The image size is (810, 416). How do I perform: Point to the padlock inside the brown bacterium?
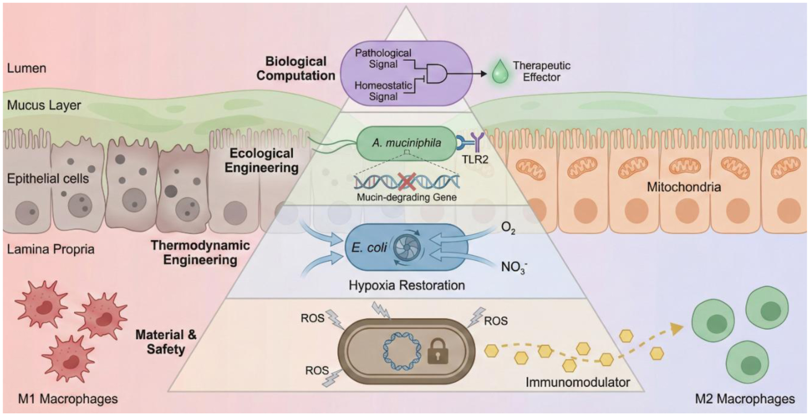(438, 352)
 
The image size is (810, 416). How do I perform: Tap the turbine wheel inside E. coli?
(406, 247)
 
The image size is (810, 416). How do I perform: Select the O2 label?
(508, 228)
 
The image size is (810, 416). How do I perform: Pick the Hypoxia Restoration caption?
(407, 285)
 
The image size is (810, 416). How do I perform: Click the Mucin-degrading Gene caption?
(407, 197)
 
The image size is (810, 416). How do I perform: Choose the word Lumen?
(27, 68)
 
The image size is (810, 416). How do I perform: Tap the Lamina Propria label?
(50, 249)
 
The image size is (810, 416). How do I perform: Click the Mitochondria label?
(684, 187)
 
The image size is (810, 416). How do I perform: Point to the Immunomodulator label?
(578, 382)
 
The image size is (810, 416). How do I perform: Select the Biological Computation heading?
(296, 68)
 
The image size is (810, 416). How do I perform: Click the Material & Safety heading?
(166, 342)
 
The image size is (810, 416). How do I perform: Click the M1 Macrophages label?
(68, 399)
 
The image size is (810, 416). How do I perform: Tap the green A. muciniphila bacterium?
(406, 143)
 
